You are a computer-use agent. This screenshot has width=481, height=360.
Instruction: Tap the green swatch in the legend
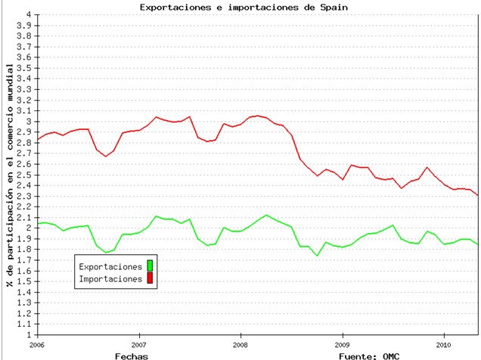[150, 266]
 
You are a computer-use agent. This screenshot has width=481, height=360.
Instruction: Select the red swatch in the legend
[150, 278]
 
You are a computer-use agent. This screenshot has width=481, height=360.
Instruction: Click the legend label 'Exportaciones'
[110, 266]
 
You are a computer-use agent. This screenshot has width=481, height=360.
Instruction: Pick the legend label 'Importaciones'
[110, 278]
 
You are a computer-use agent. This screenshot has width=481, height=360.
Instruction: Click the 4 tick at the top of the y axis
[29, 14]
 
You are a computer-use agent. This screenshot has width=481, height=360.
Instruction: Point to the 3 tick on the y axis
[29, 121]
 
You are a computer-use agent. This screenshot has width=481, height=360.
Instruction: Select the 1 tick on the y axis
[29, 334]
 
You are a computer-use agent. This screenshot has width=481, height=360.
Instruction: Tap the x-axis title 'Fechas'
[132, 354]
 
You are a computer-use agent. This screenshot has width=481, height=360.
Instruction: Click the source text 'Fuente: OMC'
[370, 354]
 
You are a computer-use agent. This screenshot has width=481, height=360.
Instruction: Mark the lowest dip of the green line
[317, 256]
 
